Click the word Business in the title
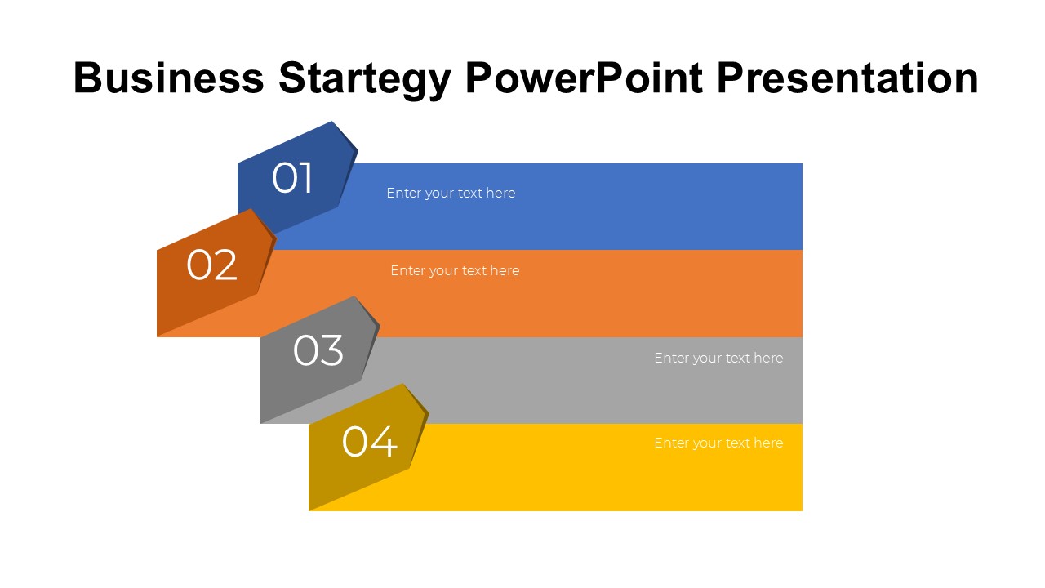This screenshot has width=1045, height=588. click(x=168, y=78)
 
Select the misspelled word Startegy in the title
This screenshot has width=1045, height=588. click(x=365, y=80)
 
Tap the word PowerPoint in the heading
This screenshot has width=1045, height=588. click(x=584, y=78)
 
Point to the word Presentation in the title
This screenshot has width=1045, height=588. click(x=847, y=78)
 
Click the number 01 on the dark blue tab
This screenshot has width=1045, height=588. click(x=292, y=178)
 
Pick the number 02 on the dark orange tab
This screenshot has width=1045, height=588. click(x=211, y=265)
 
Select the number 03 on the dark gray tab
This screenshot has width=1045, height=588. click(x=318, y=350)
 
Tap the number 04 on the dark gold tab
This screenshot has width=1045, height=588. click(x=370, y=442)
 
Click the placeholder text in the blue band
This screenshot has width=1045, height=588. click(x=451, y=194)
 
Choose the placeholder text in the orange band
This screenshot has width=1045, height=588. click(x=455, y=270)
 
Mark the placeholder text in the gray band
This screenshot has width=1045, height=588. click(x=718, y=358)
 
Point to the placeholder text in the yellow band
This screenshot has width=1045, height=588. click(x=718, y=443)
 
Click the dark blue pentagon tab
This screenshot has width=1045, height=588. click(x=298, y=177)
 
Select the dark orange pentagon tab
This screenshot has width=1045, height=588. click(x=216, y=272)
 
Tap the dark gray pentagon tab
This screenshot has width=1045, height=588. click(x=320, y=360)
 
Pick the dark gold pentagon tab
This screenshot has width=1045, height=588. click(x=368, y=447)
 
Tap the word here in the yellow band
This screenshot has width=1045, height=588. click(x=768, y=443)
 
